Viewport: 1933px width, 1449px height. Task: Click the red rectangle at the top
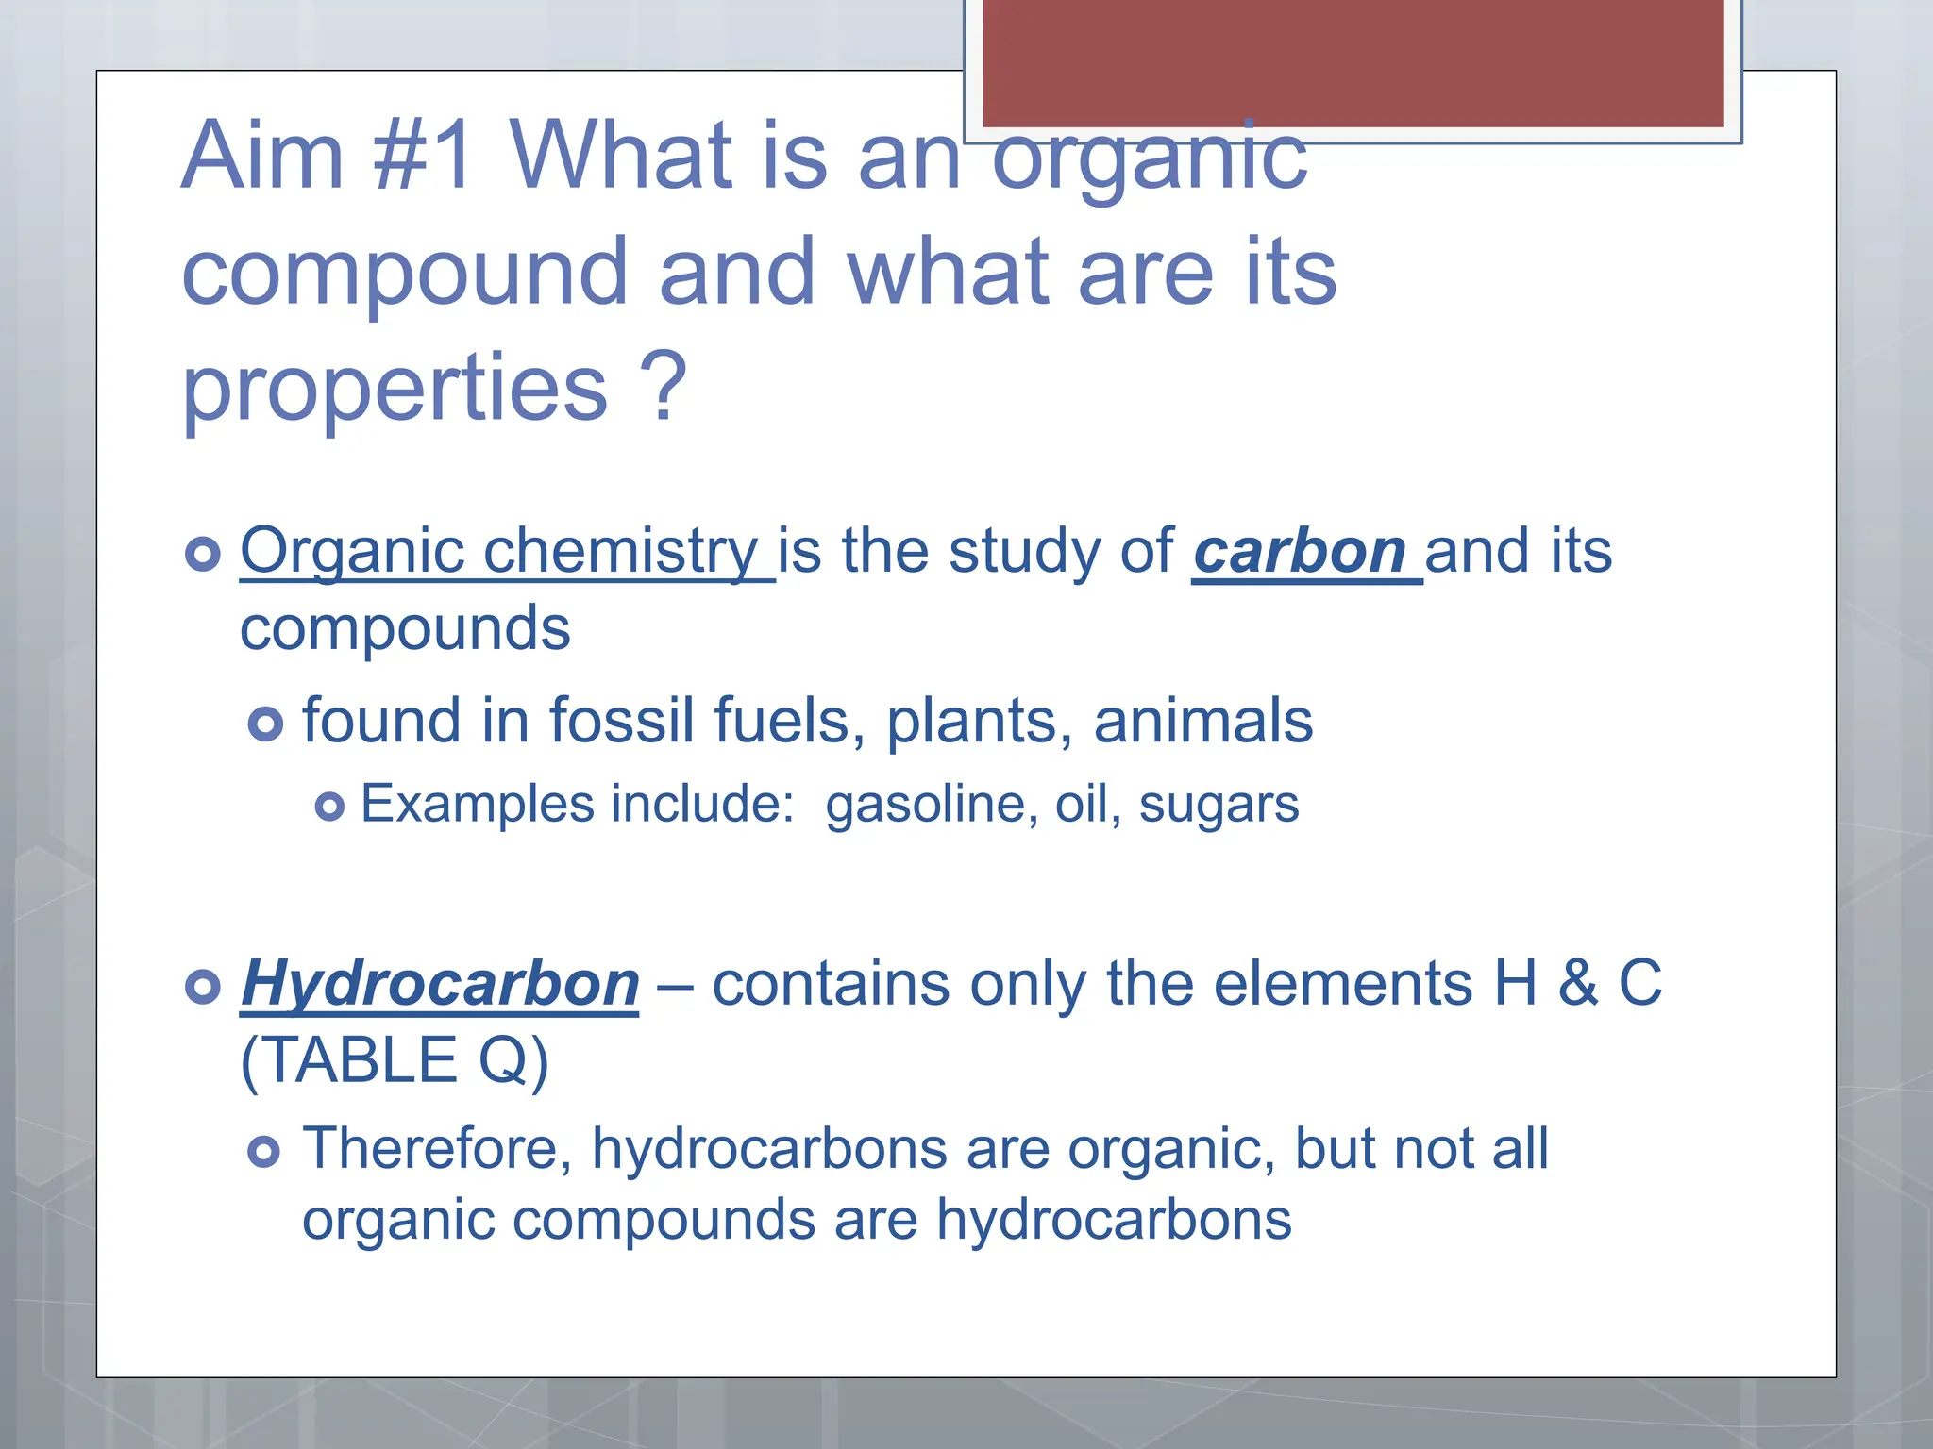[1353, 62]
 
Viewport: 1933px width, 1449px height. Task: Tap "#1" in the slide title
[422, 156]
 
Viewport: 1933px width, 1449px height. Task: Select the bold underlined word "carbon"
[1300, 551]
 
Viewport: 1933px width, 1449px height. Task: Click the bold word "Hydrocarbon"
[440, 984]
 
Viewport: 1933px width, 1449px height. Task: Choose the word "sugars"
[1219, 805]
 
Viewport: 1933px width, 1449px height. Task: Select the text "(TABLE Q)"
[395, 1060]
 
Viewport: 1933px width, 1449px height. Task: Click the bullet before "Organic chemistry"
[203, 553]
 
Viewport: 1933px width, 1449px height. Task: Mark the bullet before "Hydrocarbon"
[203, 987]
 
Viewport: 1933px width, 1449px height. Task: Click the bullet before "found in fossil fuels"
[265, 724]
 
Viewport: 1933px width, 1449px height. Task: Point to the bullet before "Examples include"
[329, 807]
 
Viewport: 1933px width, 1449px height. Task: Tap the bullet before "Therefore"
[264, 1152]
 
